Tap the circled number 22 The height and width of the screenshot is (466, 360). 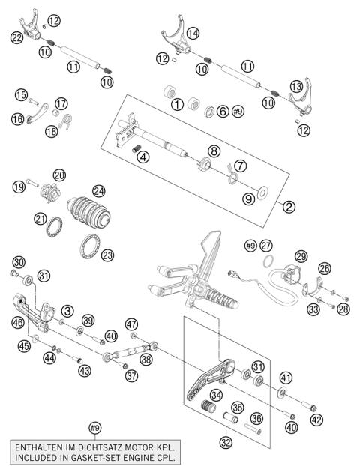coord(16,37)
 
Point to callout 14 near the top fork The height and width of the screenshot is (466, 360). coord(193,33)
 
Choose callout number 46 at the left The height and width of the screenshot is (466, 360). coord(18,321)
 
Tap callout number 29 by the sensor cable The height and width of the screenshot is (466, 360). coord(301,257)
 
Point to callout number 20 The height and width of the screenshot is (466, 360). coord(58,175)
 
